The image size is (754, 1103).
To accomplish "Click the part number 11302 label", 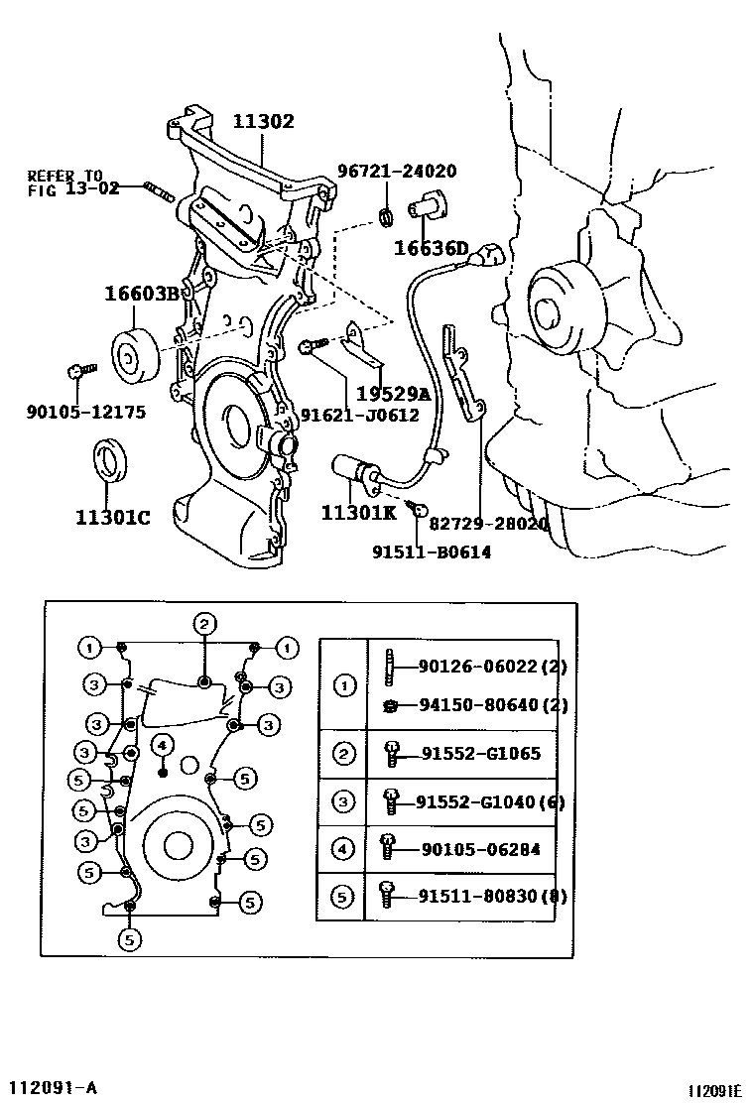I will pyautogui.click(x=264, y=122).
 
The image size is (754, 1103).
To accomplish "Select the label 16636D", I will pyautogui.click(x=431, y=248).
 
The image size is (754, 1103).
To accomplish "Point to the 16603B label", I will pyautogui.click(x=142, y=293).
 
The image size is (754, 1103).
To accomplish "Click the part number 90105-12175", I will pyautogui.click(x=85, y=411).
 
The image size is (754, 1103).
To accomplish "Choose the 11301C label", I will pyautogui.click(x=112, y=517).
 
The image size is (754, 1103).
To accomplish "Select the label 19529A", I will pyautogui.click(x=393, y=395).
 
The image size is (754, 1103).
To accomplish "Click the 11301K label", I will pyautogui.click(x=358, y=512).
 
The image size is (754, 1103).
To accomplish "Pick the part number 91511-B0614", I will pyautogui.click(x=432, y=552).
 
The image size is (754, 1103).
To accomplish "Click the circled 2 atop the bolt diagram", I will pyautogui.click(x=203, y=624).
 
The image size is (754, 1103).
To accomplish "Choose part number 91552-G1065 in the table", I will pyautogui.click(x=479, y=754).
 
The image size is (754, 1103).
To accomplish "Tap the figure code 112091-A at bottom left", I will pyautogui.click(x=54, y=1086).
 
